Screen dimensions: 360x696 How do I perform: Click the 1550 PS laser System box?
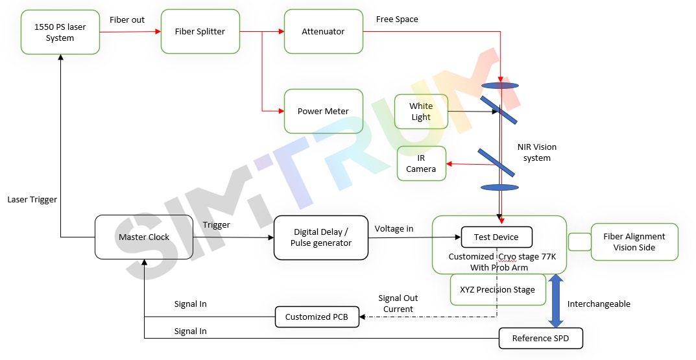[60, 32]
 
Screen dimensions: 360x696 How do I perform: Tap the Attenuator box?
[323, 31]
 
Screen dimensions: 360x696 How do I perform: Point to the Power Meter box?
[323, 111]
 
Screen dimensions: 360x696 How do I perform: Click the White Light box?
[421, 112]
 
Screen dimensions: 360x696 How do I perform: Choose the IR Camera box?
[421, 163]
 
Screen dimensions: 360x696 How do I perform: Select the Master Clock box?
[144, 237]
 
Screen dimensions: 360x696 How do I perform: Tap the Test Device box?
[496, 237]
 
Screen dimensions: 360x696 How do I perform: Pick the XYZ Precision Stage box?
[498, 289]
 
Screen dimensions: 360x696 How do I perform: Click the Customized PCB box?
[317, 317]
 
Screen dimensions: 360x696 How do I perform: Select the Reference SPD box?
[540, 338]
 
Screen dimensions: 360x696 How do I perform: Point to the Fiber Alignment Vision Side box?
[634, 242]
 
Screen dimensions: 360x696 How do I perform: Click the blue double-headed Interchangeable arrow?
[556, 300]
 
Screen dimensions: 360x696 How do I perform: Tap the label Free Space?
[397, 19]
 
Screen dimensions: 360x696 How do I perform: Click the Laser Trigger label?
[32, 200]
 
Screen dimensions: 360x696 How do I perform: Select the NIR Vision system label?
[536, 152]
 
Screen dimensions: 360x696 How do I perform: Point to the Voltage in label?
[394, 228]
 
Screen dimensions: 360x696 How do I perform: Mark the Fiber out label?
[127, 20]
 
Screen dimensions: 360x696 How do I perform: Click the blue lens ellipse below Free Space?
[500, 85]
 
